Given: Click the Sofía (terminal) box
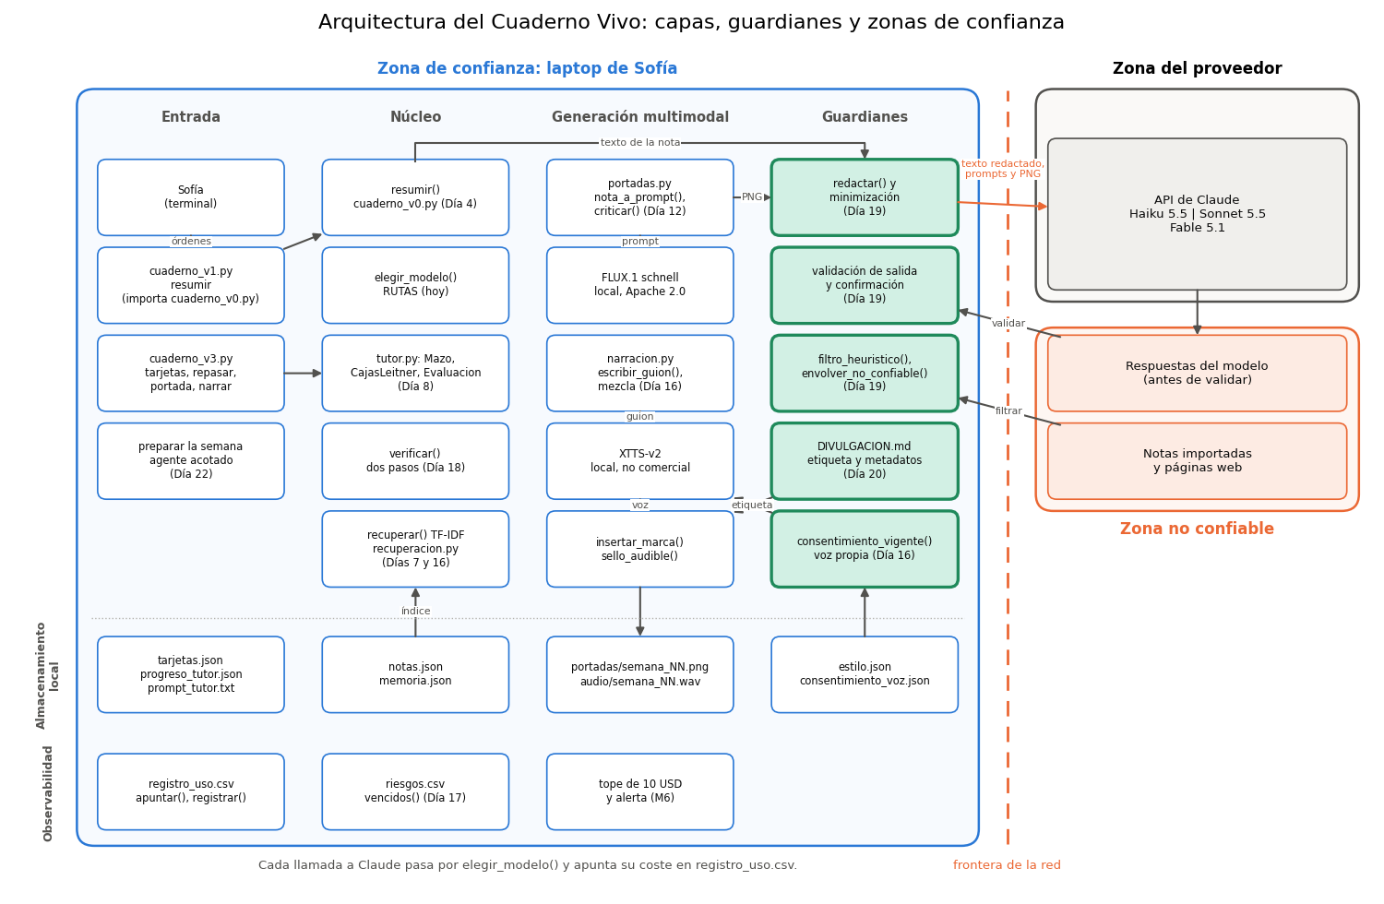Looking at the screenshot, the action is [190, 197].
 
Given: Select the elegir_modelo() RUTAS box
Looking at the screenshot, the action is [415, 285].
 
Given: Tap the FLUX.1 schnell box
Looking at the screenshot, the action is [639, 285].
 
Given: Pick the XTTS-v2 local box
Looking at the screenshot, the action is [639, 461].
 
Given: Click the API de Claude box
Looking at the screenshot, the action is [1197, 214].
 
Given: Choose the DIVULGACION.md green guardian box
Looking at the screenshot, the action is [865, 461].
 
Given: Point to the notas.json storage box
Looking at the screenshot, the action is [415, 674].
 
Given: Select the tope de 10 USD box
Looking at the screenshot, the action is [639, 791].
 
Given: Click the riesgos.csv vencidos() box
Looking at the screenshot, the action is [415, 791].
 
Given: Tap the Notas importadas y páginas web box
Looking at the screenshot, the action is [1197, 461].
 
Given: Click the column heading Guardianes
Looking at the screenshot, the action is [865, 117].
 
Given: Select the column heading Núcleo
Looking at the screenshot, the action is [415, 117].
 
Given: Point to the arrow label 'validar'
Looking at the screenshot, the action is [1008, 323].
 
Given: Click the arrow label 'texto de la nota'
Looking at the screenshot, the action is [639, 143].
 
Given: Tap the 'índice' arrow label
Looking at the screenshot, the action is [415, 611].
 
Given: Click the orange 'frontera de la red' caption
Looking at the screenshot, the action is [1007, 865].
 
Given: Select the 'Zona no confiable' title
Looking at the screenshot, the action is [1197, 529].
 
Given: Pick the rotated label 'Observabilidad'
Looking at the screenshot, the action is [48, 794].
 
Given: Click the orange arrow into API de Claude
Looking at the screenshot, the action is [1003, 205].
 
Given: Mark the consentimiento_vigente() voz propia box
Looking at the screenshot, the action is [865, 549].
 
